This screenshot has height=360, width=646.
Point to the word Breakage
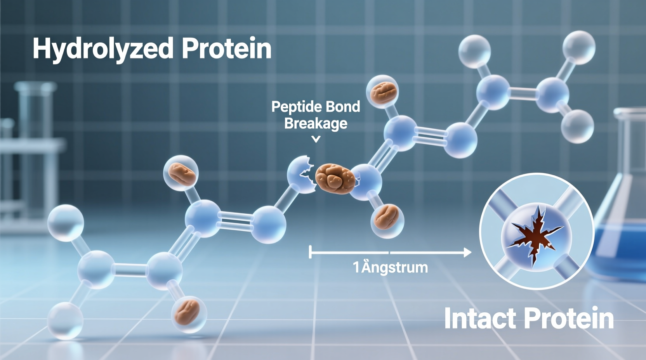click(316, 123)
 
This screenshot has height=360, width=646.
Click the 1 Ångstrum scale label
click(390, 267)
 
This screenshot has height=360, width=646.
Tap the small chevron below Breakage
click(316, 139)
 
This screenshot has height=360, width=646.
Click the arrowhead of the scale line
click(467, 253)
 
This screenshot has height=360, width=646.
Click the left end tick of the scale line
click(310, 252)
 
